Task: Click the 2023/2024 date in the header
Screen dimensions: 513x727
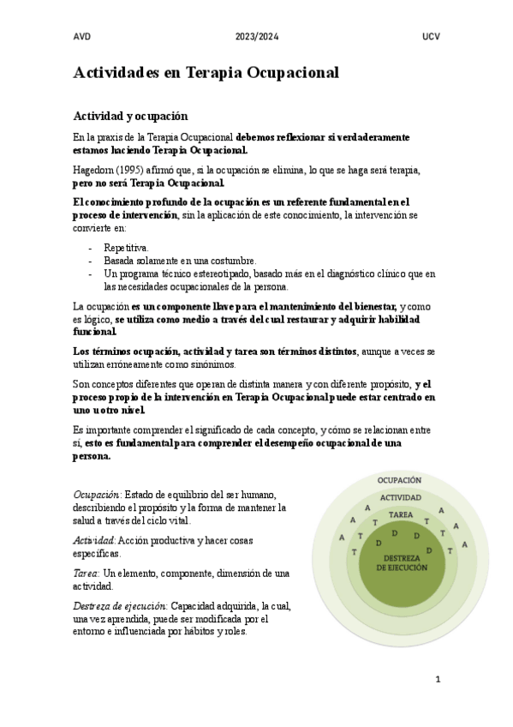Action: tap(256, 36)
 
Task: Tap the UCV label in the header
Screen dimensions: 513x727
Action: tap(431, 36)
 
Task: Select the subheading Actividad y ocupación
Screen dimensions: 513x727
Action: tap(136, 115)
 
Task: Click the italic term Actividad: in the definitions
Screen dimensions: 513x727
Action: tap(94, 540)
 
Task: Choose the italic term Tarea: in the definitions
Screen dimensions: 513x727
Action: tap(86, 573)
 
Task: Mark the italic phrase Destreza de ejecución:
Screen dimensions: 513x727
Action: tap(121, 605)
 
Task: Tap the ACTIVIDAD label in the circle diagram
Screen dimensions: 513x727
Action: tap(400, 497)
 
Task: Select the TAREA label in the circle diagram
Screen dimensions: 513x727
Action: tap(400, 514)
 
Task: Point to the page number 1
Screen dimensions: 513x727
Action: tap(438, 680)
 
